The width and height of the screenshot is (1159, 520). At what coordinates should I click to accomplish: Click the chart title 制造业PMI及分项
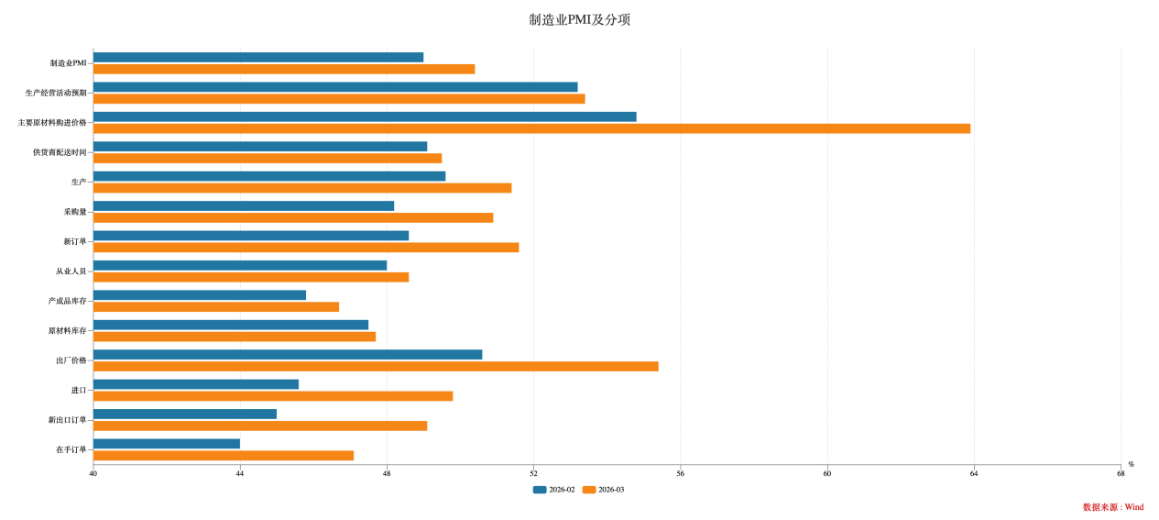[579, 20]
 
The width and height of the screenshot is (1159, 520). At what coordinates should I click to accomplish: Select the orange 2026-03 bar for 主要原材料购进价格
[531, 128]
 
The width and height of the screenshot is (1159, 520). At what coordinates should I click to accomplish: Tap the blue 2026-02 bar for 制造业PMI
[258, 57]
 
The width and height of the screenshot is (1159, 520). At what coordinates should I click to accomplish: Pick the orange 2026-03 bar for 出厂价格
[376, 366]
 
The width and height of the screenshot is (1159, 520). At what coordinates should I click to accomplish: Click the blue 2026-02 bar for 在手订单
[167, 444]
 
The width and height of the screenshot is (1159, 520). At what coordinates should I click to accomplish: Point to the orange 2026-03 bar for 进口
[273, 396]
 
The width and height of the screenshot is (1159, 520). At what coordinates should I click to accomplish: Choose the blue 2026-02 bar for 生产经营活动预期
[335, 87]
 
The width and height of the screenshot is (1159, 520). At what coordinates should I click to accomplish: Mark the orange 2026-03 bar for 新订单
[306, 248]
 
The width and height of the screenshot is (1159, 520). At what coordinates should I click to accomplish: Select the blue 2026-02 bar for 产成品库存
[200, 295]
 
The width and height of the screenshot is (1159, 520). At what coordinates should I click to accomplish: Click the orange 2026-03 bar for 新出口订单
[260, 426]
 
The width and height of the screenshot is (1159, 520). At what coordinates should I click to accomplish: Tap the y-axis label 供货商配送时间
[60, 152]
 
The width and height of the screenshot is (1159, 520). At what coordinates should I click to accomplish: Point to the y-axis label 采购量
[75, 212]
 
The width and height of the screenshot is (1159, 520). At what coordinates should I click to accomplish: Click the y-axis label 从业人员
[71, 271]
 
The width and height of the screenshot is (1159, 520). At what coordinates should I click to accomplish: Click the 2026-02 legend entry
[554, 490]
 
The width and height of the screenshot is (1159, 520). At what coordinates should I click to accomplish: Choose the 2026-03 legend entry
[604, 490]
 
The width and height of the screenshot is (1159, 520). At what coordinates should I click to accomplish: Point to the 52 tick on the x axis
[533, 474]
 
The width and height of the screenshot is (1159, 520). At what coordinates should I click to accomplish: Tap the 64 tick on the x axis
[974, 474]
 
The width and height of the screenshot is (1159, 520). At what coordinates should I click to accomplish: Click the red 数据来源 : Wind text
[1112, 507]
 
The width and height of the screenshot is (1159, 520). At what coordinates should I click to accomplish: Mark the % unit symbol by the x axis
[1131, 464]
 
